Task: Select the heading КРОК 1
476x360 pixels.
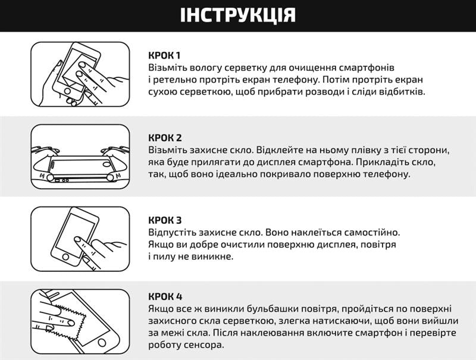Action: tap(165, 55)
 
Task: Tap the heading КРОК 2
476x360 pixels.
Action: tap(165, 138)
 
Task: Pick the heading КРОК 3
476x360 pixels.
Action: tap(165, 220)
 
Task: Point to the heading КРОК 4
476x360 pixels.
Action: tap(165, 296)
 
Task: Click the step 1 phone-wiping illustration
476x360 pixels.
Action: tap(80, 74)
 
